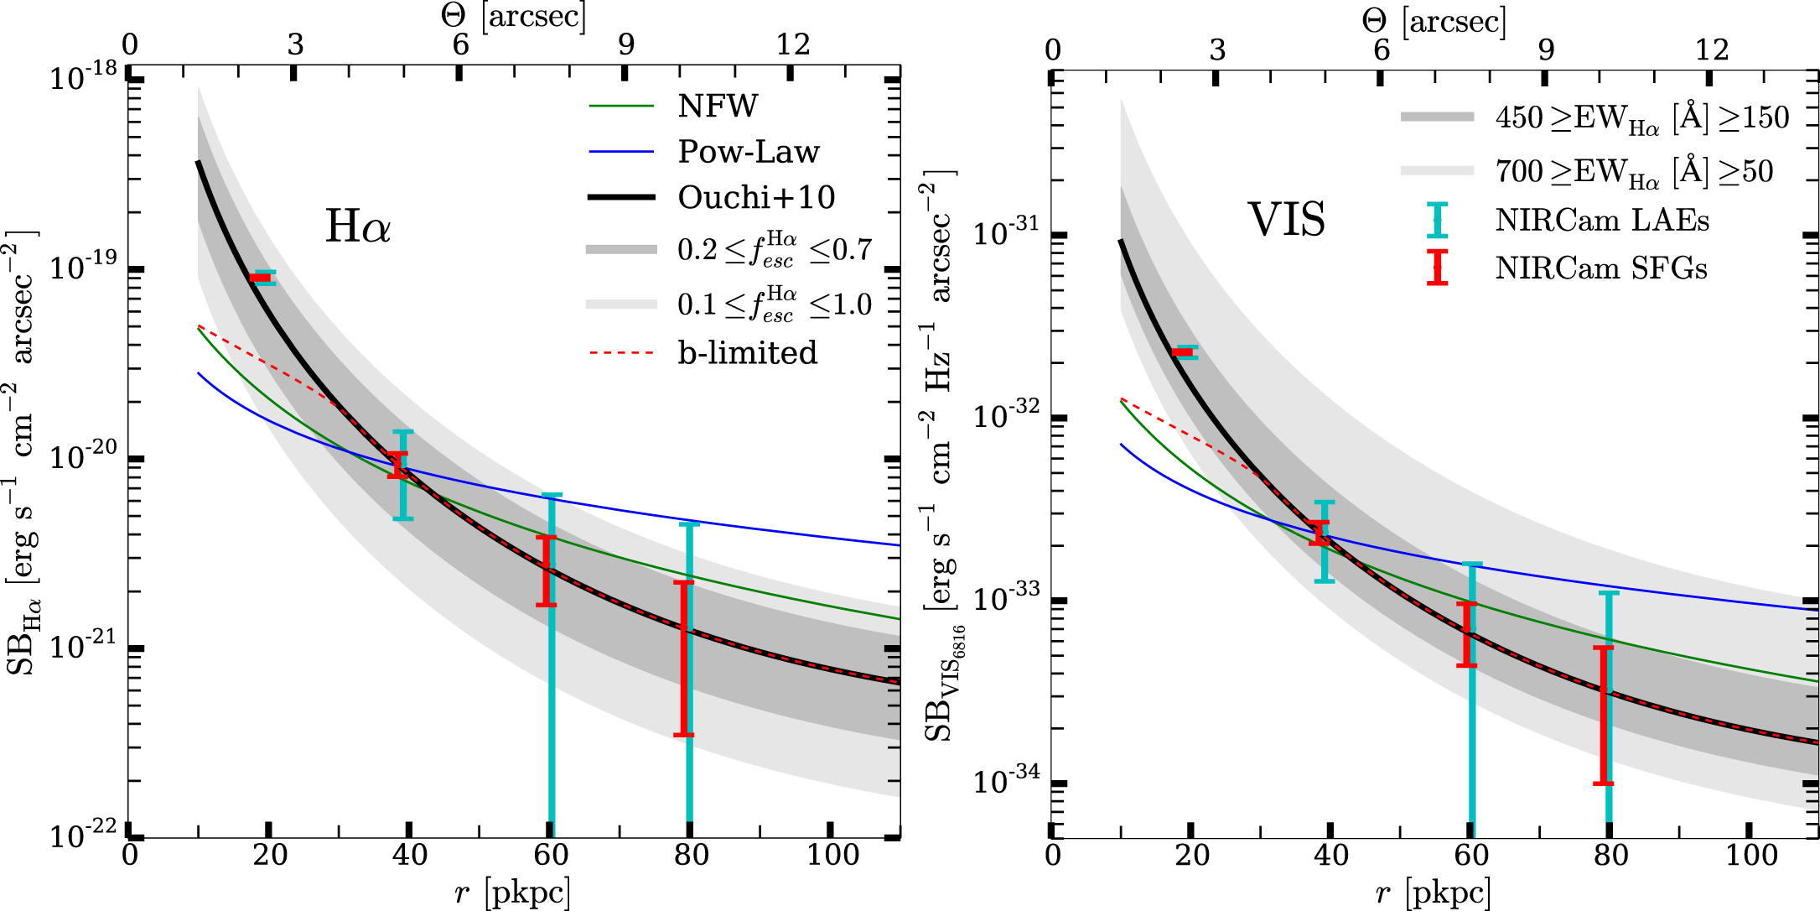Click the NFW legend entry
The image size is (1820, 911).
click(718, 107)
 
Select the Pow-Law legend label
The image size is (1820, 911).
click(748, 152)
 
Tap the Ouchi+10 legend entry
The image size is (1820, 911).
click(756, 198)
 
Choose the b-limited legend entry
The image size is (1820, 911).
click(747, 353)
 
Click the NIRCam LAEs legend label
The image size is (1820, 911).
click(1601, 221)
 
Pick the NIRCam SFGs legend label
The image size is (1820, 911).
click(1600, 268)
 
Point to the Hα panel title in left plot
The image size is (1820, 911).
click(358, 226)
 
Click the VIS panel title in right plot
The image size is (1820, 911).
click(1287, 221)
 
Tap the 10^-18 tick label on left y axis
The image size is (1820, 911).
click(84, 77)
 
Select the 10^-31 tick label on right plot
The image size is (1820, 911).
click(1006, 232)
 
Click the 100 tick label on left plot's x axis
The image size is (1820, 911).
click(832, 855)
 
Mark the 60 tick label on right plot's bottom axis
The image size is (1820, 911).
click(1471, 855)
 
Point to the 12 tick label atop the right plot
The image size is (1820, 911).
click(1712, 50)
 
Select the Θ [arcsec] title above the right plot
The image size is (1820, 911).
click(1434, 20)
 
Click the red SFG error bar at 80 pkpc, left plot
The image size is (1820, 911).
click(684, 659)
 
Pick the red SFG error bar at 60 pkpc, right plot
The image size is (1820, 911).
click(1466, 634)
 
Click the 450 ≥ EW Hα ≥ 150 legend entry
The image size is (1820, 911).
click(1641, 118)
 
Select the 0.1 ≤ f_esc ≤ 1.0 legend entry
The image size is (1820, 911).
click(774, 305)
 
